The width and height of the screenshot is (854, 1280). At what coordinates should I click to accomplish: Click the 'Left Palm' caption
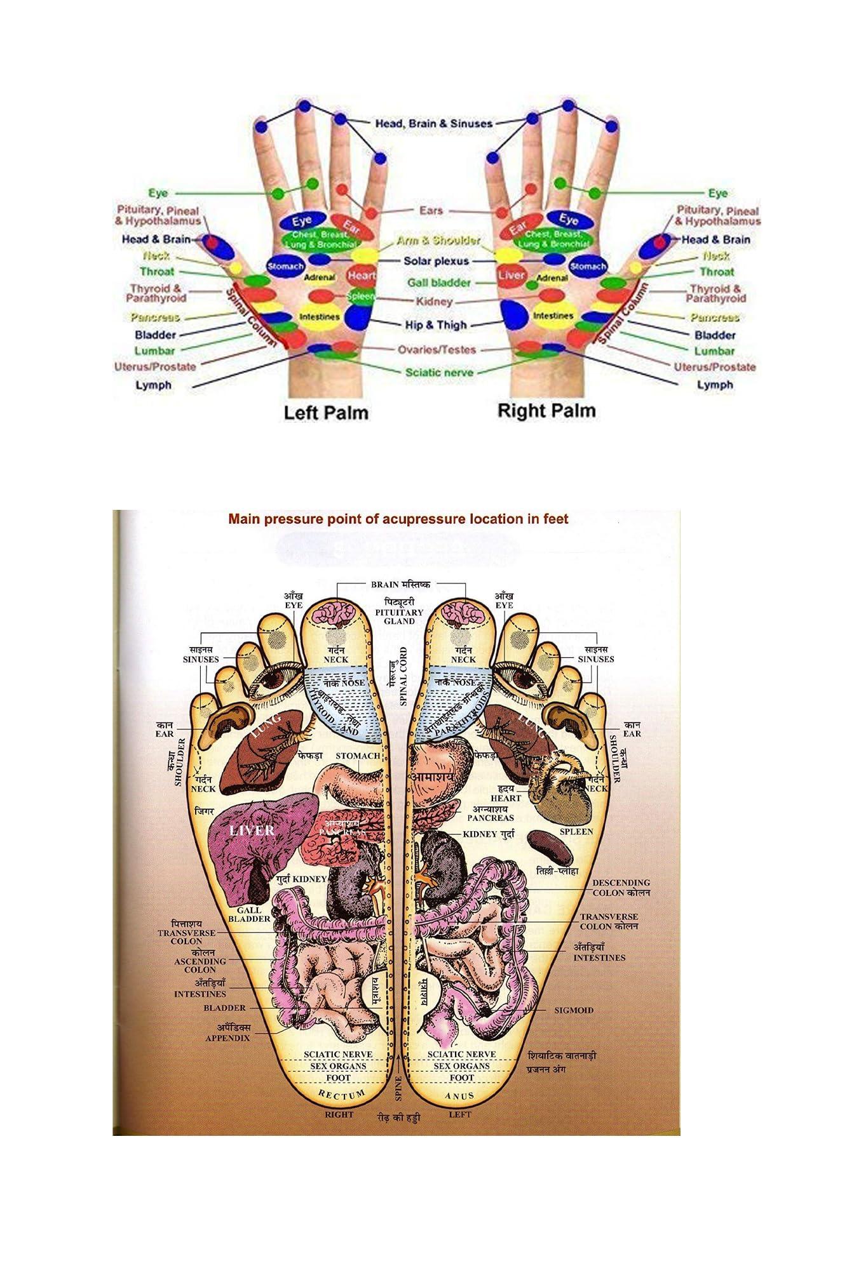coord(325,413)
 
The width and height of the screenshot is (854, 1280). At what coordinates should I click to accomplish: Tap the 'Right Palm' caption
coord(546,411)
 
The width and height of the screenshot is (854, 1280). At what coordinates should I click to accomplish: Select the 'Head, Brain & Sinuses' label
coord(433,123)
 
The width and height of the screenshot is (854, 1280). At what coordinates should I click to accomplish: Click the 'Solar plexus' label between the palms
coord(436,261)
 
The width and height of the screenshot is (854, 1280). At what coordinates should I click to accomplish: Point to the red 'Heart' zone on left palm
coord(361,276)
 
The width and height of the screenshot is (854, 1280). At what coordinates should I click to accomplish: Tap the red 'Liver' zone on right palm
coord(512,275)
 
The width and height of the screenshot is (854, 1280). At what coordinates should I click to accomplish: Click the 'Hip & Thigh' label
coord(436,325)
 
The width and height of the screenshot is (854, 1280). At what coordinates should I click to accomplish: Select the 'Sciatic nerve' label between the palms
coord(439,372)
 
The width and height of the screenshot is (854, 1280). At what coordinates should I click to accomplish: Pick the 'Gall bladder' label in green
coord(439,283)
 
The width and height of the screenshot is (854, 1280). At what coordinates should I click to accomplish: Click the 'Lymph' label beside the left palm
coord(153,385)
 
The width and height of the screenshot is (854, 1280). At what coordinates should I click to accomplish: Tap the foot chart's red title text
coord(398,519)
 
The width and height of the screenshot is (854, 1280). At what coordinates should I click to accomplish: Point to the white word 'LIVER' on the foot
coord(252,830)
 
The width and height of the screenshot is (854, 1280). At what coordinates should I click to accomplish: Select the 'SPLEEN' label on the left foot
coord(576,831)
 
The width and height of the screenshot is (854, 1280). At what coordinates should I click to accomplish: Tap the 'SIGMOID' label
coord(574,1010)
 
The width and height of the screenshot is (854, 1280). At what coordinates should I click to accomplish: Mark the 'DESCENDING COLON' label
coord(621,888)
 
